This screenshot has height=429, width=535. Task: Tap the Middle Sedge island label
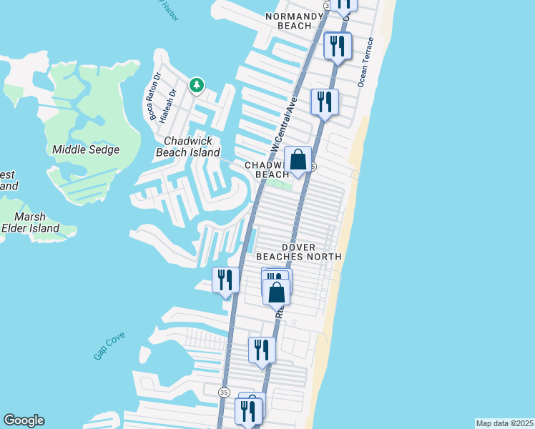[x=86, y=150]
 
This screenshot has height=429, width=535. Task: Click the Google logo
[x=24, y=420]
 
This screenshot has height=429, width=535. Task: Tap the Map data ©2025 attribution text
[x=505, y=423]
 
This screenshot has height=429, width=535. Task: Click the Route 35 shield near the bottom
[x=224, y=392]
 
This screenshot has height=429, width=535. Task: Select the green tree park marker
[x=196, y=86]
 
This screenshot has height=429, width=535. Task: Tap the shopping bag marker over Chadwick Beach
[x=298, y=159]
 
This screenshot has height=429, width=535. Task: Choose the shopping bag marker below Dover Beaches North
[x=277, y=292]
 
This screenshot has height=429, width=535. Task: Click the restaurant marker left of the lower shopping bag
[x=225, y=280]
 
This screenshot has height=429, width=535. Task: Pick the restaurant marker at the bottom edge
[x=249, y=411]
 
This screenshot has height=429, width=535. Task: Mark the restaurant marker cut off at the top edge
[x=345, y=4]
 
